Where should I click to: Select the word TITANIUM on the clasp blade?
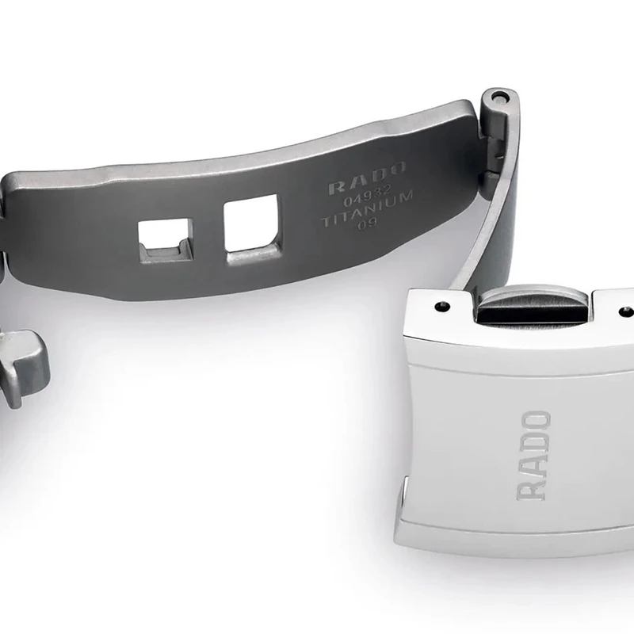(367, 209)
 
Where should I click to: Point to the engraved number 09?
(367, 223)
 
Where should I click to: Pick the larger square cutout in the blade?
(252, 229)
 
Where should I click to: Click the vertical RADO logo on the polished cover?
(533, 456)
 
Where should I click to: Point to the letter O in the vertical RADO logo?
(536, 421)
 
